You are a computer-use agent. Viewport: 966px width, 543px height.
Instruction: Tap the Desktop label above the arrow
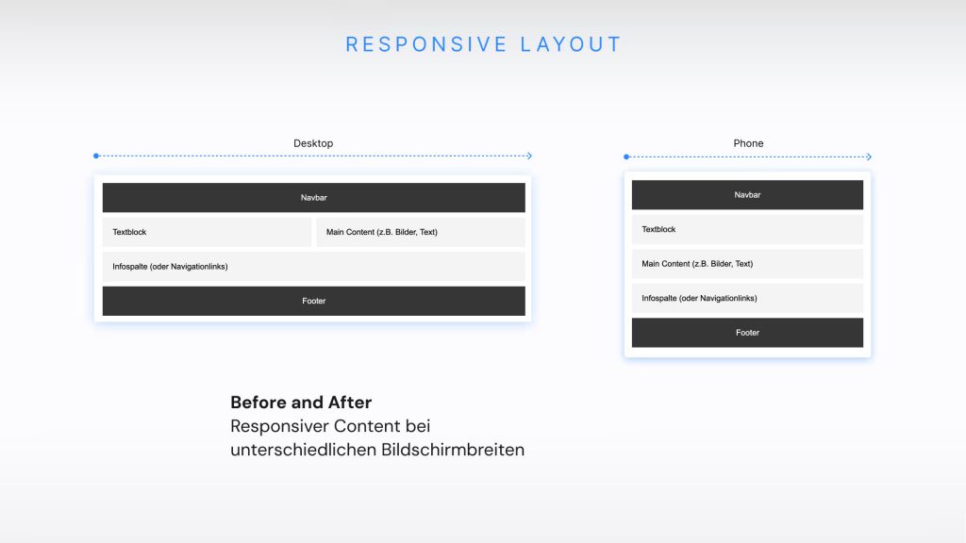[x=313, y=143]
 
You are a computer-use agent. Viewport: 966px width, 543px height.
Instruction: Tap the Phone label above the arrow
[x=748, y=143]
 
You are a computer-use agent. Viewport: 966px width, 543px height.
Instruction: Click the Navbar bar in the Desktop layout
[x=313, y=198]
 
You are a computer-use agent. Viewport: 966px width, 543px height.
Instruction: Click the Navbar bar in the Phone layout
[x=747, y=195]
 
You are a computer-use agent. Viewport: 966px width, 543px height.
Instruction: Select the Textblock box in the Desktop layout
[x=207, y=232]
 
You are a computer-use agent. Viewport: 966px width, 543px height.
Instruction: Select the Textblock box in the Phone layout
[x=747, y=229]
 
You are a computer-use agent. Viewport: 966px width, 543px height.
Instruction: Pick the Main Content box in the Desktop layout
[x=421, y=232]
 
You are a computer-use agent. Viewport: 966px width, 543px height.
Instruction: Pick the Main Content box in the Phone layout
[x=747, y=264]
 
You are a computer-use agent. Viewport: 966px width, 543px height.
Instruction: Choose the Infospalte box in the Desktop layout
[x=313, y=267]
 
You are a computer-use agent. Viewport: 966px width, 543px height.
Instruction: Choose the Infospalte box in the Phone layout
[x=747, y=298]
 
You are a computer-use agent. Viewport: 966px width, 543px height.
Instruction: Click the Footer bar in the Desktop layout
[x=313, y=301]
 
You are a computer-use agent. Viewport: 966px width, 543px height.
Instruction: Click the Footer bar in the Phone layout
[x=747, y=333]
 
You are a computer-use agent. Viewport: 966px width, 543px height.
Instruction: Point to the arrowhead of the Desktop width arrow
[x=529, y=156]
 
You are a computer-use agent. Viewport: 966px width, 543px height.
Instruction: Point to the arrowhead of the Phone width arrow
[x=869, y=156]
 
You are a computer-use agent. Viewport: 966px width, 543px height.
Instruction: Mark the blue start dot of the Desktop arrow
[x=96, y=156]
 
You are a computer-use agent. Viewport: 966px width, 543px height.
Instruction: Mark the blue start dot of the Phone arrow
[x=625, y=156]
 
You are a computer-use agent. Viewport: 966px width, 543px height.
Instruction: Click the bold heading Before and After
[x=301, y=403]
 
